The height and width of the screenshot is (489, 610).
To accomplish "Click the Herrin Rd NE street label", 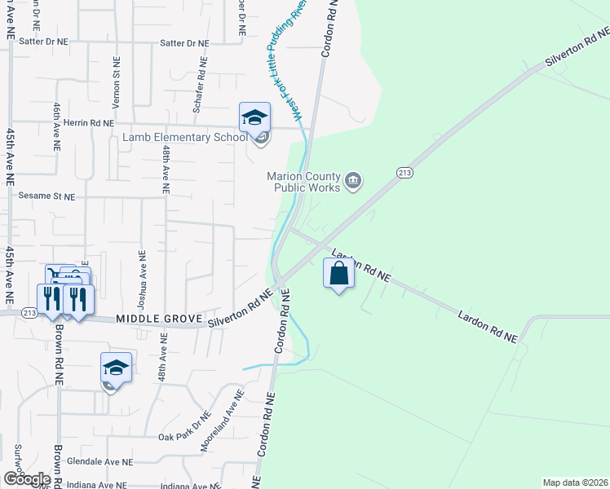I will [89, 123].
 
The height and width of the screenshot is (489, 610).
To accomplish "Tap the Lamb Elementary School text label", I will [185, 137].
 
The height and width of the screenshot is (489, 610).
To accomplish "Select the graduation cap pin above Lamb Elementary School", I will [254, 118].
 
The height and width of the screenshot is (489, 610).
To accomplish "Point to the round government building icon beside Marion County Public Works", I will [353, 180].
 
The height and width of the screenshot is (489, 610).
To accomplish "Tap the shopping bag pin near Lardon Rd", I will [339, 275].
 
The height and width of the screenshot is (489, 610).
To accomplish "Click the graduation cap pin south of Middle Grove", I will [116, 368].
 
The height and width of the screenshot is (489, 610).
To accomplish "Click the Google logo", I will [26, 479].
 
